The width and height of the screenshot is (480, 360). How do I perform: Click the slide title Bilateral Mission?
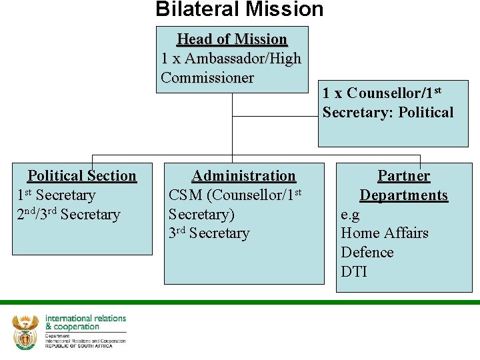pyautogui.click(x=239, y=9)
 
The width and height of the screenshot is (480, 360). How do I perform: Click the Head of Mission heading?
pyautogui.click(x=231, y=39)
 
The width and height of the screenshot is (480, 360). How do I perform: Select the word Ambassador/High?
pyautogui.click(x=243, y=59)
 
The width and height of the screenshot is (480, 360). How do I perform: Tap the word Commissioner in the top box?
pyautogui.click(x=207, y=78)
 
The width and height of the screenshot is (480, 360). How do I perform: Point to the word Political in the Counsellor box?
pyautogui.click(x=425, y=112)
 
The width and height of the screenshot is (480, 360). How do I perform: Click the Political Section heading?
pyautogui.click(x=82, y=176)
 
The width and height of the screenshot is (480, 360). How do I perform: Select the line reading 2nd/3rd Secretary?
pyautogui.click(x=68, y=215)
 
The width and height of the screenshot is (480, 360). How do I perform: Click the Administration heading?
pyautogui.click(x=243, y=176)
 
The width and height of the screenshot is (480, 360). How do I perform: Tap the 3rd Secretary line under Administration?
pyautogui.click(x=209, y=233)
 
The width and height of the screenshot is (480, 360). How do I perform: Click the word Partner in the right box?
pyautogui.click(x=404, y=176)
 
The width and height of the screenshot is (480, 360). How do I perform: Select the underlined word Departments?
pyautogui.click(x=404, y=195)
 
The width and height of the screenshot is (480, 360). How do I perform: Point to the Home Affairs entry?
pyautogui.click(x=384, y=233)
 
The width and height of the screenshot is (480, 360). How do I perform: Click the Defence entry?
pyautogui.click(x=367, y=253)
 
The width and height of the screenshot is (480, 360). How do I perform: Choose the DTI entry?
pyautogui.click(x=354, y=272)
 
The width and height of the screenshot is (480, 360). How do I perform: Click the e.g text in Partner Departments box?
pyautogui.click(x=350, y=214)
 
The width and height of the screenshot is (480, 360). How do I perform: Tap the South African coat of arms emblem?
pyautogui.click(x=25, y=331)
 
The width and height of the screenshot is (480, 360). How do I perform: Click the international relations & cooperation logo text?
pyautogui.click(x=85, y=323)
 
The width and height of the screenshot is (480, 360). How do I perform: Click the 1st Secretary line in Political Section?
pyautogui.click(x=56, y=195)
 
